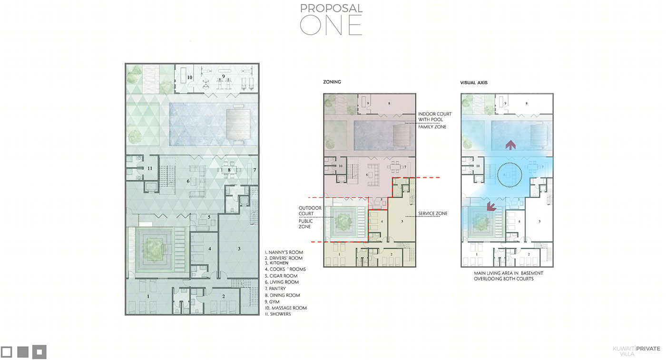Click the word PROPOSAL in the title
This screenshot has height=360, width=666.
point(331,9)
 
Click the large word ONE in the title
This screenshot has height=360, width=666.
point(331,25)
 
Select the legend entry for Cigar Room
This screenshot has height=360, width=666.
point(281,276)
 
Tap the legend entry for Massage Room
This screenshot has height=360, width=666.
point(286,308)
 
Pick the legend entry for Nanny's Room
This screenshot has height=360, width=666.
point(284,252)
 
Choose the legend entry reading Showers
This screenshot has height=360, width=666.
point(278,314)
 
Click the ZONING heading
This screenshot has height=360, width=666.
point(332,82)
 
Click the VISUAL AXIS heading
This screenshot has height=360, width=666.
point(474,83)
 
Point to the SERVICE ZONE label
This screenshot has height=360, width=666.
point(432,214)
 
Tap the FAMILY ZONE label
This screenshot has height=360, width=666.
point(432,126)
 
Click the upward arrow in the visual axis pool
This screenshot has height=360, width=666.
point(510,145)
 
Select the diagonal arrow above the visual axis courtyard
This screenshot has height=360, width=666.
point(491,206)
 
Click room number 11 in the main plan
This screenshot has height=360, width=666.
point(150,168)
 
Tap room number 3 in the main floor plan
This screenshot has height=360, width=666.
point(239,249)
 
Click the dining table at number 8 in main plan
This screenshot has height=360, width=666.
point(229,170)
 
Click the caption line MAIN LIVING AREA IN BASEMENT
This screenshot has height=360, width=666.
point(509,273)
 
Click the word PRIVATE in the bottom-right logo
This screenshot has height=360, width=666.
point(648,349)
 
